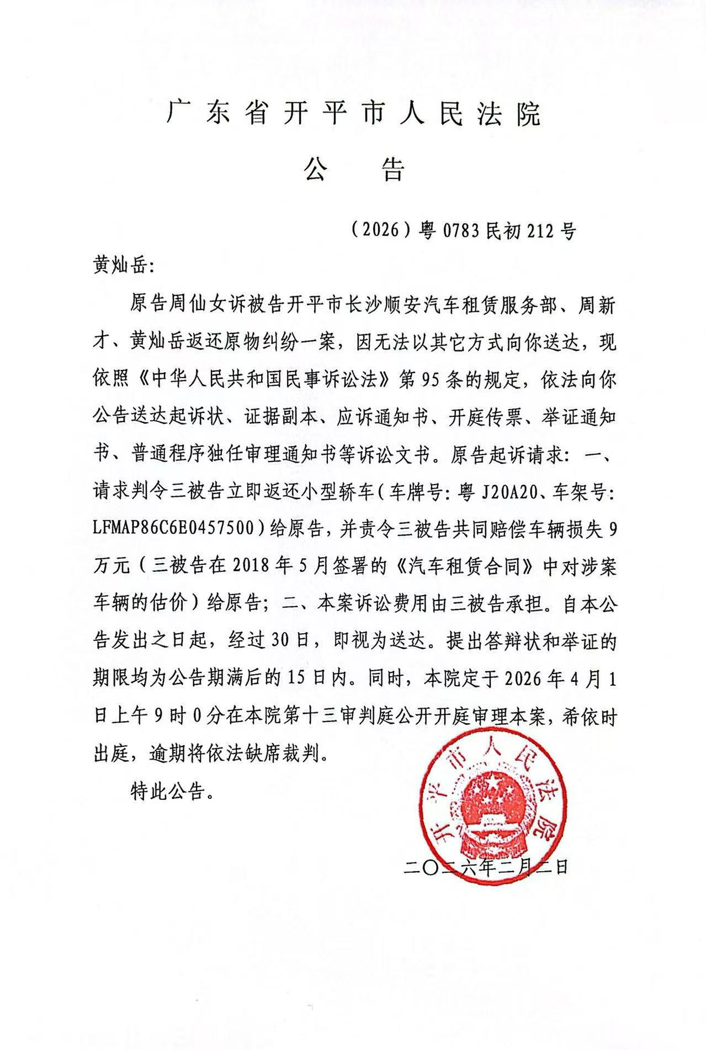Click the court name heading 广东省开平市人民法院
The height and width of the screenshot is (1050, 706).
[x=354, y=114]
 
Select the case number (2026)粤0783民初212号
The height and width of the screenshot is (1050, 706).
[x=463, y=230]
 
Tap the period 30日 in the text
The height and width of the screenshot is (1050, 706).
[x=296, y=643]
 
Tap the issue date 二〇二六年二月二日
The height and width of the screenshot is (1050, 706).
[x=486, y=868]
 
